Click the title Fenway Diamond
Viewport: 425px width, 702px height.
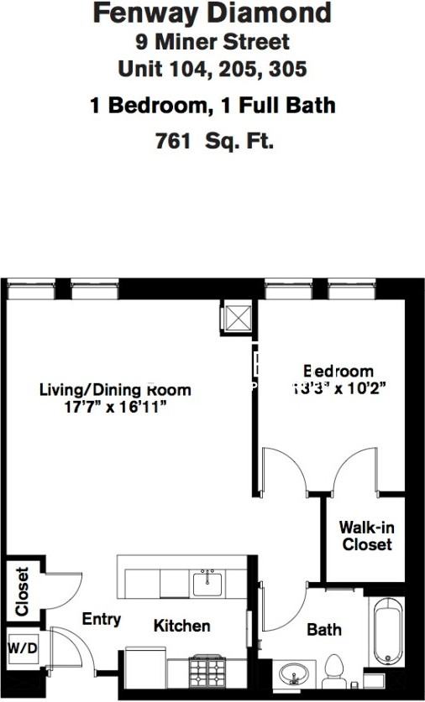pos(212,14)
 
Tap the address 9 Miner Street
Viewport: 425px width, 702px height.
pos(212,41)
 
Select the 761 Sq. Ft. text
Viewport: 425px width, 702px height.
pos(215,141)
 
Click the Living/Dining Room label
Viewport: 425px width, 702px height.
pos(115,390)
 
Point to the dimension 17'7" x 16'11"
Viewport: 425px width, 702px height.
pos(115,408)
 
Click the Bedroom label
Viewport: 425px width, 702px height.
pos(338,371)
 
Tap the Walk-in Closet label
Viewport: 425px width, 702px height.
pos(365,536)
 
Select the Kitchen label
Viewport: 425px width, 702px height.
pos(181,626)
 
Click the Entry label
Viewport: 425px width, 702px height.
pos(101,620)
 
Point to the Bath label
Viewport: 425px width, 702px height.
pos(323,629)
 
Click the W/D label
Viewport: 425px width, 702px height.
pos(18,647)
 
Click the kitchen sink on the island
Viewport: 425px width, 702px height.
pos(207,580)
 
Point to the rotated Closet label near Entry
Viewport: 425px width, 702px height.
pos(21,592)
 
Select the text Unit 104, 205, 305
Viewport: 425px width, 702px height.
pos(212,69)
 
